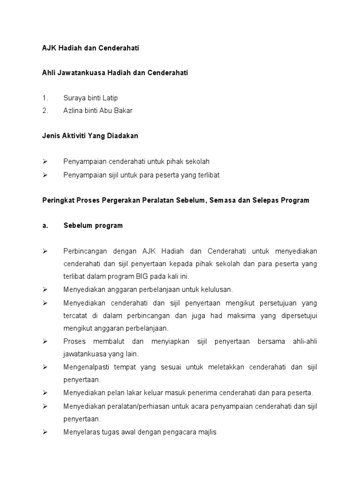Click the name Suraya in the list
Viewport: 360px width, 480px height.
pos(74,98)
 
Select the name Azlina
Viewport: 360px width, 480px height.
pos(73,111)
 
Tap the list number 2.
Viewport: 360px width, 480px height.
pos(45,111)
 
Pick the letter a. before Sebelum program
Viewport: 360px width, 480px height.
pos(45,225)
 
